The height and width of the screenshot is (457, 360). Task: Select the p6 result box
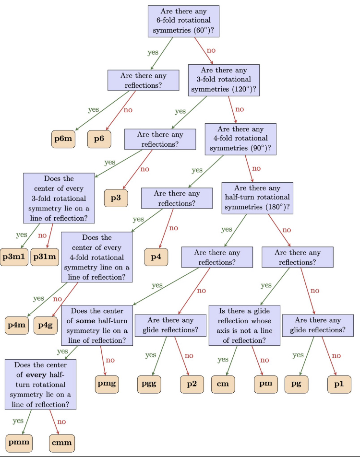[x=99, y=139]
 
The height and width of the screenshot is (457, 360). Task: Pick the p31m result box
[x=44, y=257]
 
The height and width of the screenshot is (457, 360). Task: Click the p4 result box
[x=156, y=257]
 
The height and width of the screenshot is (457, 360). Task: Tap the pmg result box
[x=107, y=384]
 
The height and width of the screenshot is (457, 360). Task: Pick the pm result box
[x=267, y=384]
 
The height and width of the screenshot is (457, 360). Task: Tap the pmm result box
[x=18, y=443]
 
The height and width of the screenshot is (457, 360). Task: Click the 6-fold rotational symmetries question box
[x=183, y=25]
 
